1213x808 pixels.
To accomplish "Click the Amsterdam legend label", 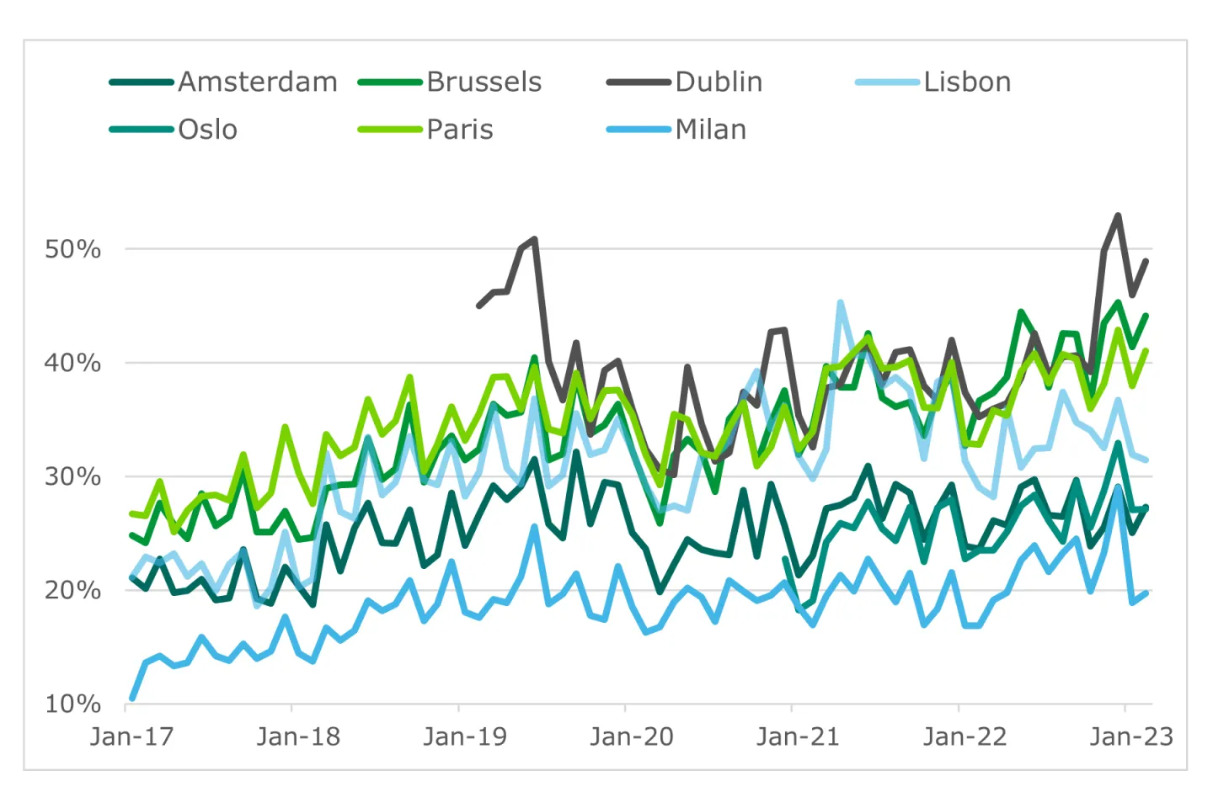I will [x=258, y=82].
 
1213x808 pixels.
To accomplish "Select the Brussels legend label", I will [x=484, y=82].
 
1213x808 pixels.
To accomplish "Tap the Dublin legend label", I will [x=719, y=82].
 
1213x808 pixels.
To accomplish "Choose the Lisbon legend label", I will [x=967, y=82].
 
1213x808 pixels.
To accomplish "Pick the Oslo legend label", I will [x=207, y=130].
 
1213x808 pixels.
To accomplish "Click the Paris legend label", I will [x=460, y=130].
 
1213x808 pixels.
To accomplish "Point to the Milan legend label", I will [x=711, y=130].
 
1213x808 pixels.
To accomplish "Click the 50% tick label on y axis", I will [x=72, y=249].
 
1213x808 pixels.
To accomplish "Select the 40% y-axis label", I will [x=72, y=363].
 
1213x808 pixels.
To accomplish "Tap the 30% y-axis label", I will [x=72, y=476].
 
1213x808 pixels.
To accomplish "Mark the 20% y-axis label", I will [x=72, y=590].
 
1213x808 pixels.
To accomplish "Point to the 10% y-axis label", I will [x=72, y=704].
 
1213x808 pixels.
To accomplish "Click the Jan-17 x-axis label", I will [x=131, y=737].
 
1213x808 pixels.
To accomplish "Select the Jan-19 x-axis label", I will [x=465, y=737].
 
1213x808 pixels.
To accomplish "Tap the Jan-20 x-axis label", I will [x=632, y=737].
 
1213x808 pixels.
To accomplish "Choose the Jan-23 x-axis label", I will [x=1130, y=737].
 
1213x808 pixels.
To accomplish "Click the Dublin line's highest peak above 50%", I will [x=1118, y=215].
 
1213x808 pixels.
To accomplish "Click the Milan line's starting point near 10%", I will [x=132, y=698].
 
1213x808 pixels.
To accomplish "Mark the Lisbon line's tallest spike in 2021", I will [x=841, y=303].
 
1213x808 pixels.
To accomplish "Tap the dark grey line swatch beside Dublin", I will [x=639, y=82].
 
